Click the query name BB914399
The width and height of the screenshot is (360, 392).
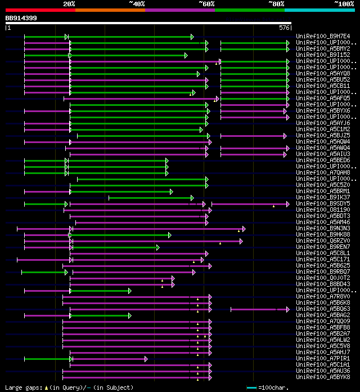pos(21,18)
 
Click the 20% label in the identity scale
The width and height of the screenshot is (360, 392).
pos(69,3)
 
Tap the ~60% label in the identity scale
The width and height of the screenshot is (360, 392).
pos(206,3)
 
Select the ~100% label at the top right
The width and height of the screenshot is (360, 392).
pos(344,3)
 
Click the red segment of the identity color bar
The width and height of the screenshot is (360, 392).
pos(40,10)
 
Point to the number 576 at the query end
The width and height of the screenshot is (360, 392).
pos(285,28)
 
